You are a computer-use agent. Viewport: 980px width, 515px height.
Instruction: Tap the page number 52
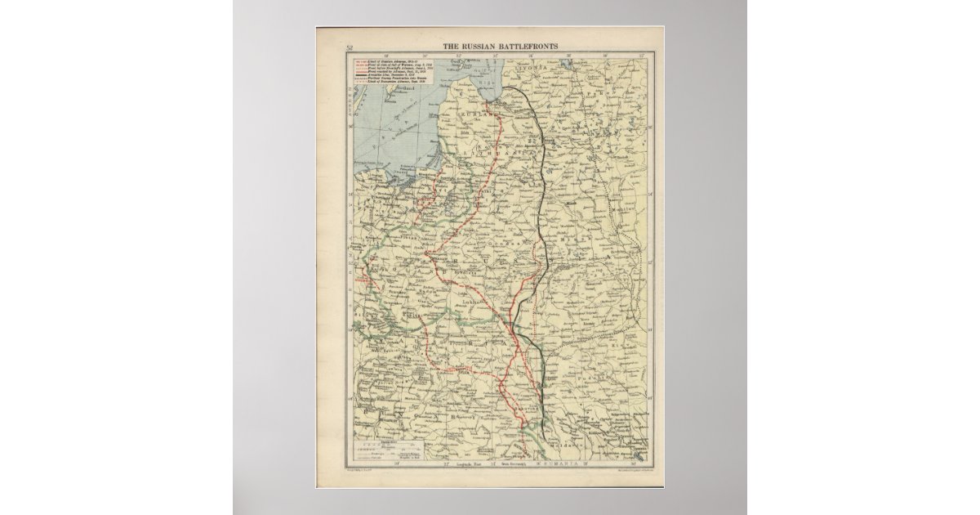pos(350,47)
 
